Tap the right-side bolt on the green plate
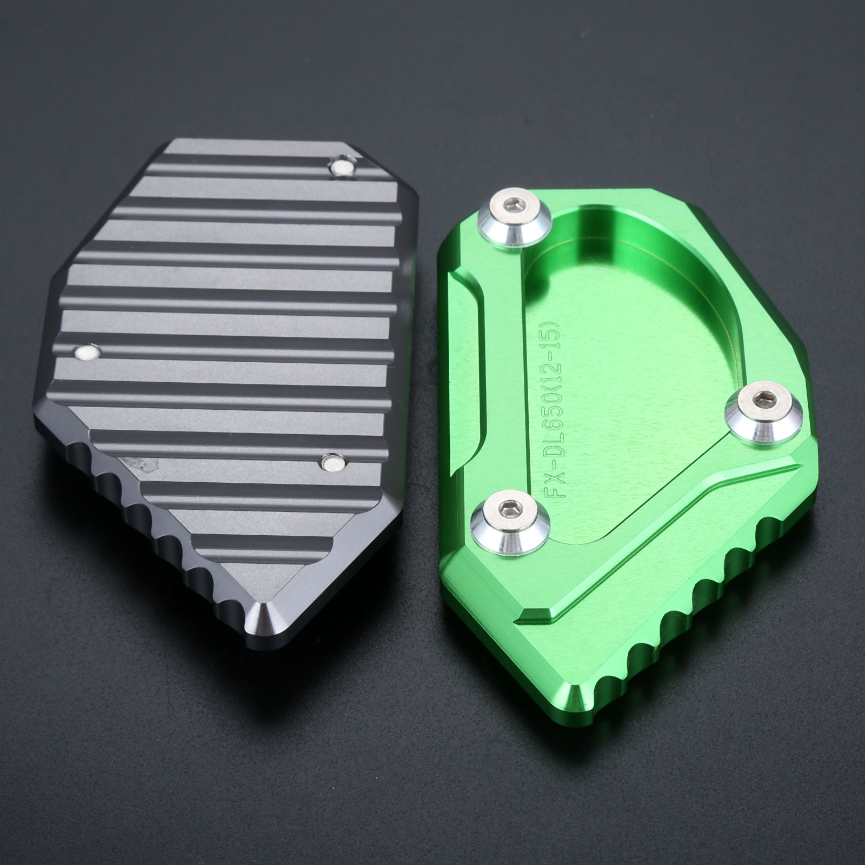764,412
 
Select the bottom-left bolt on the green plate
509,520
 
